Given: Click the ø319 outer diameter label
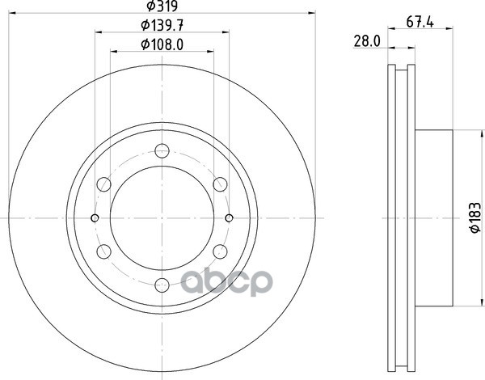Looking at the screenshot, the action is click(x=162, y=6).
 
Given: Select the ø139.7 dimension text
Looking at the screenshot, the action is click(x=162, y=25).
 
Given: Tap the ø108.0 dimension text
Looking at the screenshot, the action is click(x=162, y=44).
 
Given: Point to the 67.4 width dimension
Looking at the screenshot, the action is click(x=420, y=23).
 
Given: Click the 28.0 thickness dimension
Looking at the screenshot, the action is click(x=367, y=41).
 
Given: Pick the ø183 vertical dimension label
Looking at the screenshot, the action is click(x=475, y=217).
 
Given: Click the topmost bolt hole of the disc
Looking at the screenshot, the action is click(x=162, y=151).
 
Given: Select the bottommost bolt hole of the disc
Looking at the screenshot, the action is click(x=162, y=285).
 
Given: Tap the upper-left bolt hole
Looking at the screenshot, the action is click(x=104, y=184).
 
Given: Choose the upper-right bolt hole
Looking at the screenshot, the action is click(x=220, y=184).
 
